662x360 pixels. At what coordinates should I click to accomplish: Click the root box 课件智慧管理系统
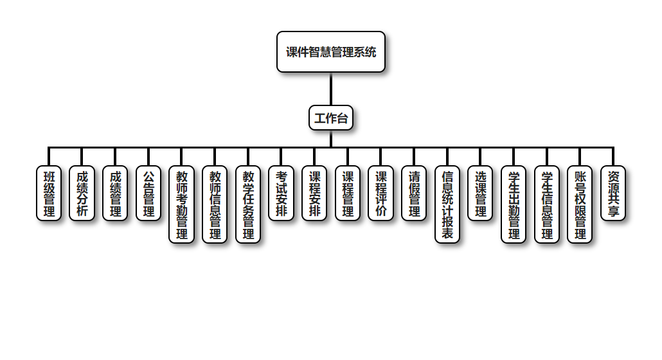coord(331,52)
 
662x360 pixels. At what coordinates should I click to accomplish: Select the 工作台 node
coord(331,118)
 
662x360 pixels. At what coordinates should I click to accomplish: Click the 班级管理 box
coord(49,194)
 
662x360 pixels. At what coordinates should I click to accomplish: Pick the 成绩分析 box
coord(82,194)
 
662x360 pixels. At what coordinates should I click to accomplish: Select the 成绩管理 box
coord(116,194)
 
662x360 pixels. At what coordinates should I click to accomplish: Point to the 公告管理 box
coord(148,194)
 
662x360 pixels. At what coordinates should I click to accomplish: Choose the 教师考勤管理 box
coord(182,204)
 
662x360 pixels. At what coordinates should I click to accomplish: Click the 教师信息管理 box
coord(215,204)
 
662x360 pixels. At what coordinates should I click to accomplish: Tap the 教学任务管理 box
coord(248,204)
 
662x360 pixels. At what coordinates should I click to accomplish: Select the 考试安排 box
coord(281,194)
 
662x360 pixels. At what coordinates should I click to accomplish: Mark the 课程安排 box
coord(314,194)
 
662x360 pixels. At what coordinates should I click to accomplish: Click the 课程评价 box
coord(381,194)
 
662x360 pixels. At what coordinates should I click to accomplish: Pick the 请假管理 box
coord(414,194)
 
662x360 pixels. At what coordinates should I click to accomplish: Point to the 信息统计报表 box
coord(447,204)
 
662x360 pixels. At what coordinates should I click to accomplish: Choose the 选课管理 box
coord(480,194)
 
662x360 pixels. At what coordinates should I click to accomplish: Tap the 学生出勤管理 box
coord(514,204)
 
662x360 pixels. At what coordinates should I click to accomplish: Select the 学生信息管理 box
coord(547,204)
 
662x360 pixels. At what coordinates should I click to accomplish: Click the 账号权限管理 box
coord(580,204)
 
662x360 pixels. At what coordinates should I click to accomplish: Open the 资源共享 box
coord(613,194)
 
